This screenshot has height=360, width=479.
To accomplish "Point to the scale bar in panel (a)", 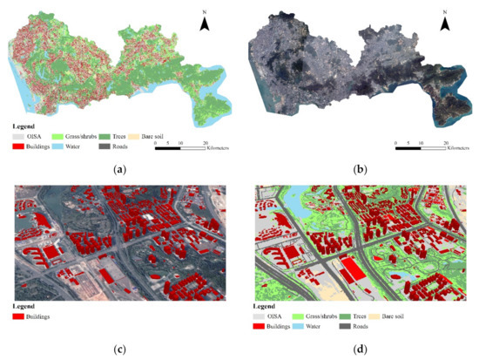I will [180, 148].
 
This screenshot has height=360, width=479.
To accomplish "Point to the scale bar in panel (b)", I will [420, 148].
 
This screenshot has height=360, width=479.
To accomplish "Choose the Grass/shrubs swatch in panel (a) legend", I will [73, 137].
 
